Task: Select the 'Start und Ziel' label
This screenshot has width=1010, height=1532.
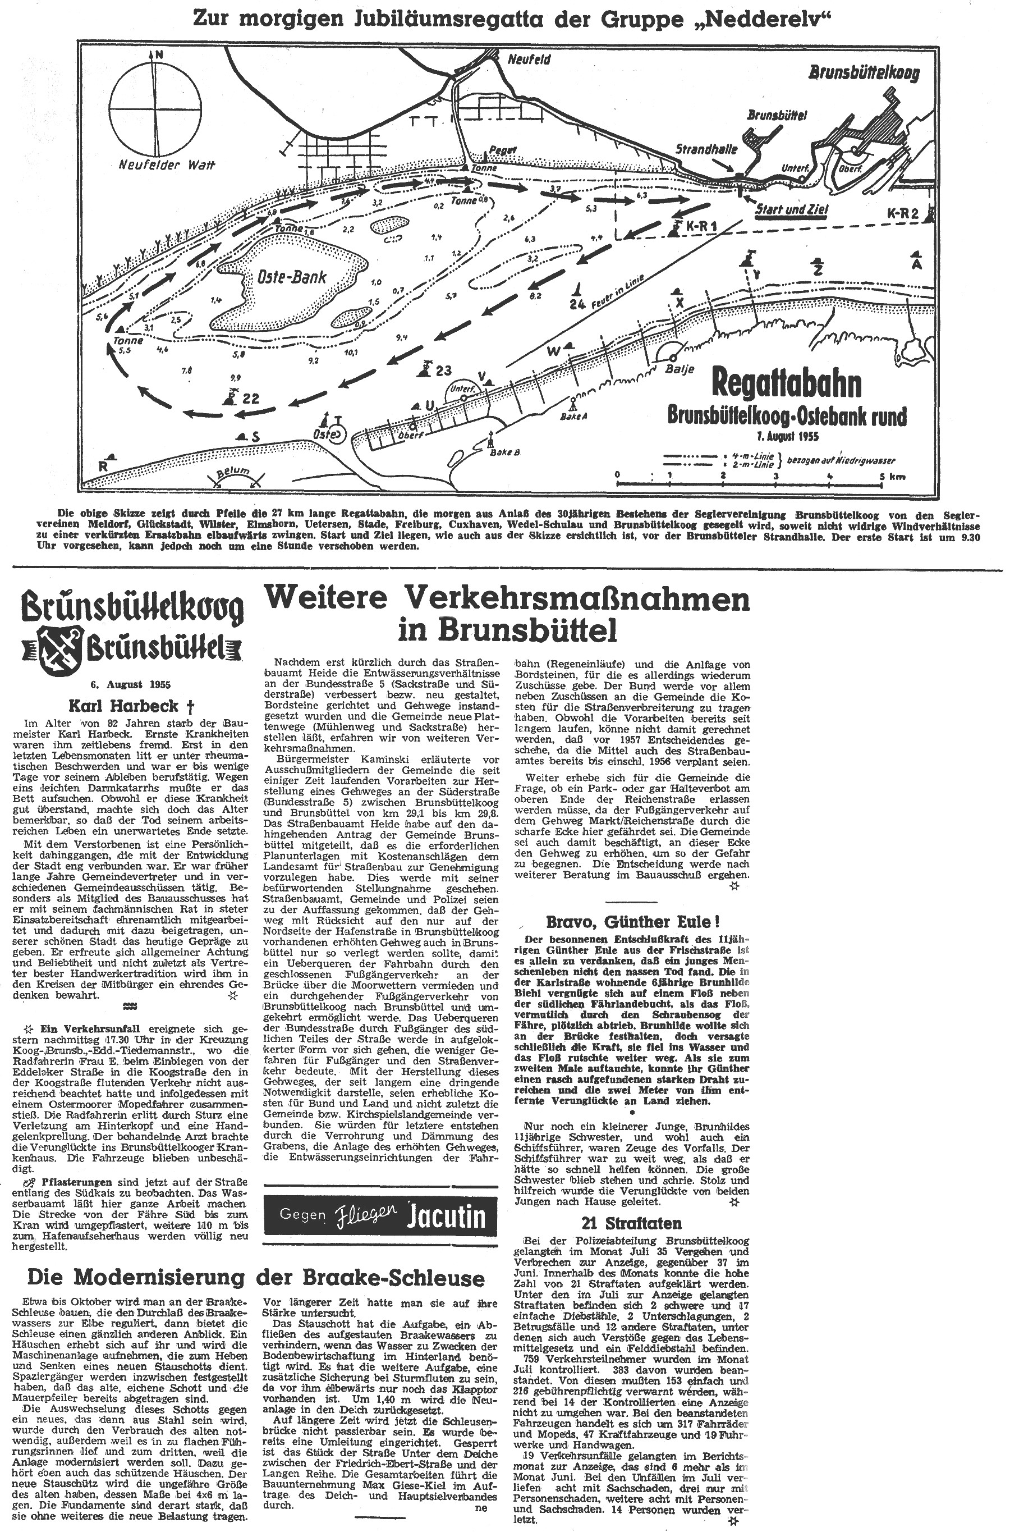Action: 791,209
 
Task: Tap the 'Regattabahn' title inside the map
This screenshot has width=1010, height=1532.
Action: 786,384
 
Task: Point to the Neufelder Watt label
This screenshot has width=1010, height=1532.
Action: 166,164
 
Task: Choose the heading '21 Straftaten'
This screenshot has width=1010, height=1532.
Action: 631,1223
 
